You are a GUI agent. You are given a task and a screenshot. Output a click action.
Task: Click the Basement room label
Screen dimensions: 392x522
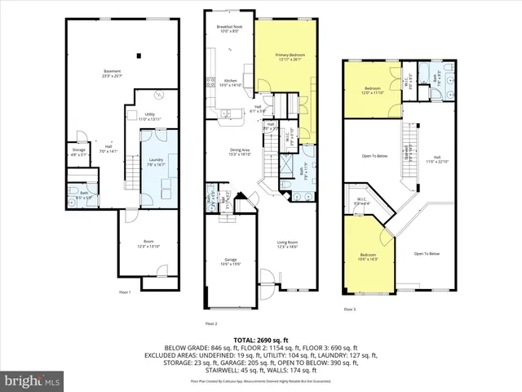111,73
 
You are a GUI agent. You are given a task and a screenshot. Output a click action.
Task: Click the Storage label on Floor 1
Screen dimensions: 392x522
78,151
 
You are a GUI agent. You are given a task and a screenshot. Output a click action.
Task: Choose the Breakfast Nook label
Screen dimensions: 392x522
229,29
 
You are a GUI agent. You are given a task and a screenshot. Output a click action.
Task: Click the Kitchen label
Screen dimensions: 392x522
230,82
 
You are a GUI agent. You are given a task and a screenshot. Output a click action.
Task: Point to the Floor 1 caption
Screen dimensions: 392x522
126,291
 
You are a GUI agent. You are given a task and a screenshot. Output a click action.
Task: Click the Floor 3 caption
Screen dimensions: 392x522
349,310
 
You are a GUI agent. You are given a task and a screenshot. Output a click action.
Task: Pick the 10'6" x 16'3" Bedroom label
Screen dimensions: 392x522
367,260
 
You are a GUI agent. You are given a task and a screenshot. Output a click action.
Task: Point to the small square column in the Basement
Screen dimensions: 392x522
139,56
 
